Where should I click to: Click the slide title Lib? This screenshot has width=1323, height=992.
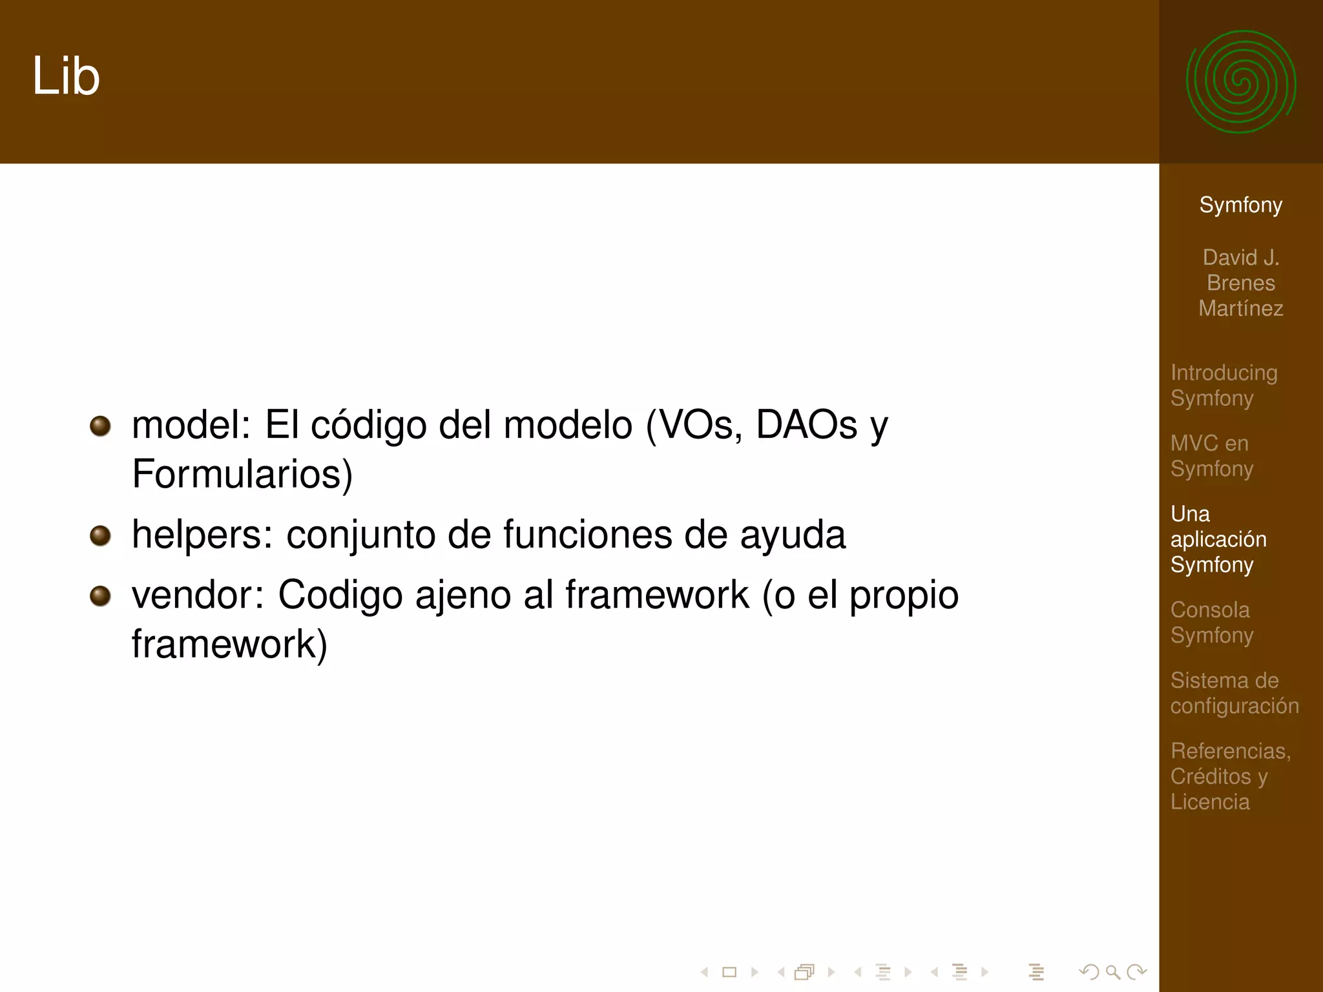click(x=66, y=76)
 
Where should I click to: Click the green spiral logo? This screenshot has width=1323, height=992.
click(x=1240, y=82)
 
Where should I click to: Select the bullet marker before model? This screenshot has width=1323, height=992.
click(x=100, y=426)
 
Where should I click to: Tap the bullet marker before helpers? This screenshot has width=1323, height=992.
click(x=100, y=535)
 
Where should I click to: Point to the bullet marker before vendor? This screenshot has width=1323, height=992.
click(x=100, y=595)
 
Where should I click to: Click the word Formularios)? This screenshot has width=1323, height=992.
click(x=242, y=474)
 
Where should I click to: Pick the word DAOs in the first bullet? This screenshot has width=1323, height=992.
click(x=807, y=425)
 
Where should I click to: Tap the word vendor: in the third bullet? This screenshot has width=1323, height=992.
click(x=198, y=595)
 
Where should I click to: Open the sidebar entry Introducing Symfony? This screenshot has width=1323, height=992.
click(x=1224, y=385)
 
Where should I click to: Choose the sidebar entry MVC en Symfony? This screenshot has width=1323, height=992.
click(x=1211, y=455)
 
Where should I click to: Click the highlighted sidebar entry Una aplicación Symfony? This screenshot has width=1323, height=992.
click(x=1218, y=539)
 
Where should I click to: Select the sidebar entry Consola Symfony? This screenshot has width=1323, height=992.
click(x=1211, y=622)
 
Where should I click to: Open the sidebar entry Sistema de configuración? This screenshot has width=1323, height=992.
click(x=1234, y=692)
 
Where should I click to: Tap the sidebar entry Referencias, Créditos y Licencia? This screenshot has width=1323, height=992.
click(x=1230, y=776)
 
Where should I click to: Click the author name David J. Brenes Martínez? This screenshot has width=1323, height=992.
click(x=1240, y=283)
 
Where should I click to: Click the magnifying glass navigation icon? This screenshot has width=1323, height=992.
click(x=1112, y=971)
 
